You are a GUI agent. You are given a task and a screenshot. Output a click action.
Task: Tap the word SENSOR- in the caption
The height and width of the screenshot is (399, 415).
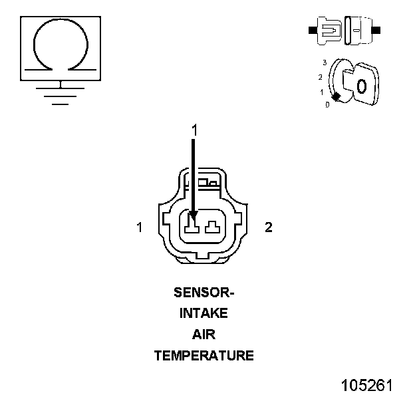point(204,293)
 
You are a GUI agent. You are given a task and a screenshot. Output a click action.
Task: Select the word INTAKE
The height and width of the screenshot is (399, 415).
point(204,313)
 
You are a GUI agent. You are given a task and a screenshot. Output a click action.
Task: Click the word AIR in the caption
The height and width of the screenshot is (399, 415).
point(204,334)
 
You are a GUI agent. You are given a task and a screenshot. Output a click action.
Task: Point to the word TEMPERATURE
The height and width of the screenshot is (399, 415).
point(204,356)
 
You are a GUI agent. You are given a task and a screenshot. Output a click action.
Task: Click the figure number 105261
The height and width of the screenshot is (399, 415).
point(367,385)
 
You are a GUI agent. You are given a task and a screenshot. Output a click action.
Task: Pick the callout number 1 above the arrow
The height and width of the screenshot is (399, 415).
point(194,130)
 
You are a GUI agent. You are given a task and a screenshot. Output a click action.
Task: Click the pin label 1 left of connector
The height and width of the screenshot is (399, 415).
point(140,227)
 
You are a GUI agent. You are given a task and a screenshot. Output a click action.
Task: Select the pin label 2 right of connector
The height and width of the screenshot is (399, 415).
point(269,227)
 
